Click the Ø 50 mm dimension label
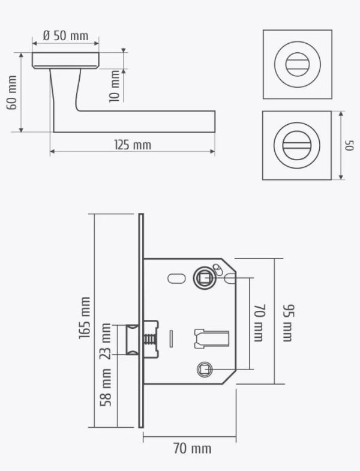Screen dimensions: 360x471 pos(66,36)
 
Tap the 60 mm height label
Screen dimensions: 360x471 pos(12,92)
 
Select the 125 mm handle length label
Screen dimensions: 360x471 pos(133,145)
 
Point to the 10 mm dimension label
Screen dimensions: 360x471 pos(115,86)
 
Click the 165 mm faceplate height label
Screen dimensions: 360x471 pos(85,318)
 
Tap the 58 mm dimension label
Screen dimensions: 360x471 pos(106,388)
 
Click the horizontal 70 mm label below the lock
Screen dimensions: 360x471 pos(193,448)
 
